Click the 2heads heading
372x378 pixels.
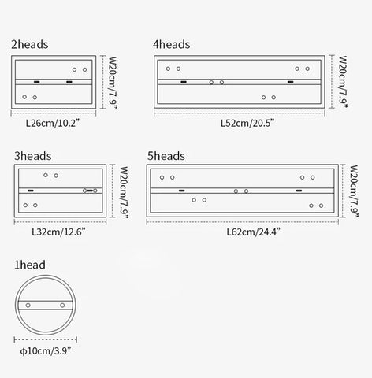(x=30, y=45)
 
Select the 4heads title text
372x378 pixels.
(x=172, y=45)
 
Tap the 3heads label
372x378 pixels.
(x=33, y=156)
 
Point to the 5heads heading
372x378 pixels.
(x=166, y=156)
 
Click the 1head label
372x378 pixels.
(x=30, y=265)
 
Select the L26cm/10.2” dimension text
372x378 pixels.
(x=53, y=123)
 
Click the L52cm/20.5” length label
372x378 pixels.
(x=247, y=123)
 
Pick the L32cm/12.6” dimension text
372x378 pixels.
(x=58, y=232)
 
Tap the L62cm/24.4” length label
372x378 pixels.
(x=254, y=232)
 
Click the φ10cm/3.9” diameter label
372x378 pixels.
(x=46, y=350)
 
